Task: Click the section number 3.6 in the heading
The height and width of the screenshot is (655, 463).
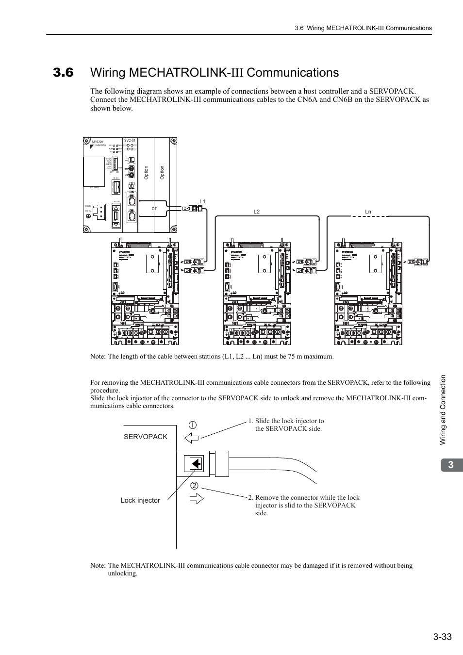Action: pyautogui.click(x=64, y=73)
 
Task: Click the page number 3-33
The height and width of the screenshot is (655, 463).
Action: pyautogui.click(x=440, y=637)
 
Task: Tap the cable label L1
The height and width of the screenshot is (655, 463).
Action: pyautogui.click(x=202, y=201)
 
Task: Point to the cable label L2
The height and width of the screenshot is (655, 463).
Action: pyautogui.click(x=257, y=212)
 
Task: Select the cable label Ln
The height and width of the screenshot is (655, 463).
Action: pyautogui.click(x=368, y=212)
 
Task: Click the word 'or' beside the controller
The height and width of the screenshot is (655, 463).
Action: pyautogui.click(x=154, y=208)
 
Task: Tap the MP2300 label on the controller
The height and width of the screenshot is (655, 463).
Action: pyautogui.click(x=97, y=142)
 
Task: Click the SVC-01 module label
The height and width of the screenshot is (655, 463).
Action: pyautogui.click(x=130, y=140)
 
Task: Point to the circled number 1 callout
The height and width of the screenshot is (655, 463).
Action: pyautogui.click(x=193, y=426)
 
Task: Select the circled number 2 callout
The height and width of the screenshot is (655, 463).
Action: pyautogui.click(x=194, y=486)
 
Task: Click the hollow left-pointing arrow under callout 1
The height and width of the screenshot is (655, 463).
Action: pyautogui.click(x=192, y=438)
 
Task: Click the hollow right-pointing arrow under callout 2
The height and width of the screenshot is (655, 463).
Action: pyautogui.click(x=196, y=498)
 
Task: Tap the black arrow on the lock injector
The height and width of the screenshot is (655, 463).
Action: pyautogui.click(x=196, y=464)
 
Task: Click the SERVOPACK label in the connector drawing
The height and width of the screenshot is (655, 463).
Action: pyautogui.click(x=145, y=437)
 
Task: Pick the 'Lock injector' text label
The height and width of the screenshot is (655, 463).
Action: pyautogui.click(x=140, y=500)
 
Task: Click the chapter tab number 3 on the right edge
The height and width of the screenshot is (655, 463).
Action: pyautogui.click(x=451, y=465)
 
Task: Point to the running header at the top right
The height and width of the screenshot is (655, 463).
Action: pyautogui.click(x=363, y=28)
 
